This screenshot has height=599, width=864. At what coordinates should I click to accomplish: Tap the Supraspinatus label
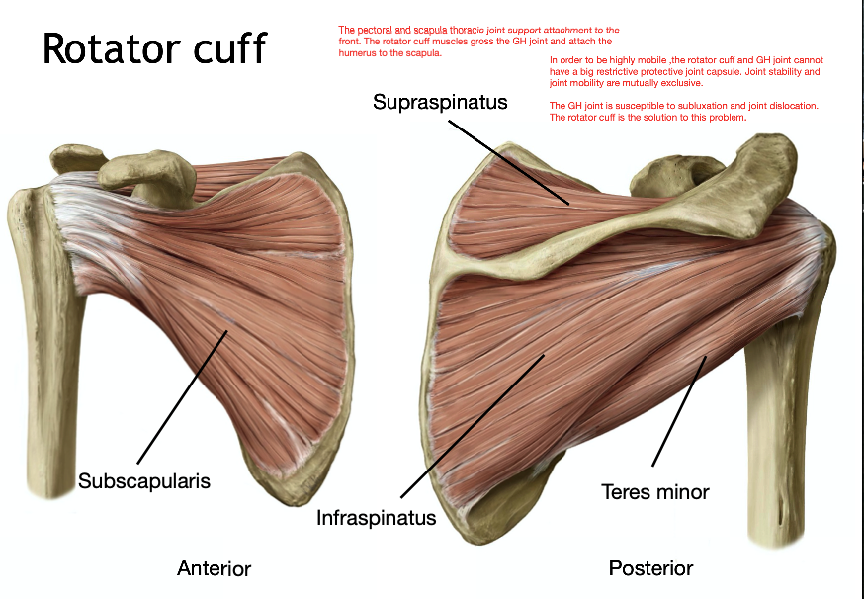[x=440, y=102]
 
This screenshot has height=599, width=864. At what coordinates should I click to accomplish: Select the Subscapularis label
[x=144, y=481]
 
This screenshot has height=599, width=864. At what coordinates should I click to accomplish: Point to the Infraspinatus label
[x=376, y=517]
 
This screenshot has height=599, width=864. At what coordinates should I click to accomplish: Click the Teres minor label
[x=655, y=491]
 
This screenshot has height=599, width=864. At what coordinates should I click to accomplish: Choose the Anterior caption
[x=214, y=568]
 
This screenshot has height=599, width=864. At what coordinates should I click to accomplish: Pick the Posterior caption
[x=650, y=568]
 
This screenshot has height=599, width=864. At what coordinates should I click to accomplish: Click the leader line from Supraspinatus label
[x=509, y=162]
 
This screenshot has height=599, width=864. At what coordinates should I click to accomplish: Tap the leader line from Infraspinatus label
[x=472, y=426]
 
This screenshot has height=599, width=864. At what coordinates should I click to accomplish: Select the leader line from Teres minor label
[x=678, y=411]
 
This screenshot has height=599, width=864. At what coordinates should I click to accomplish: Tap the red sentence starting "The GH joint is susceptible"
[x=683, y=111]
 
